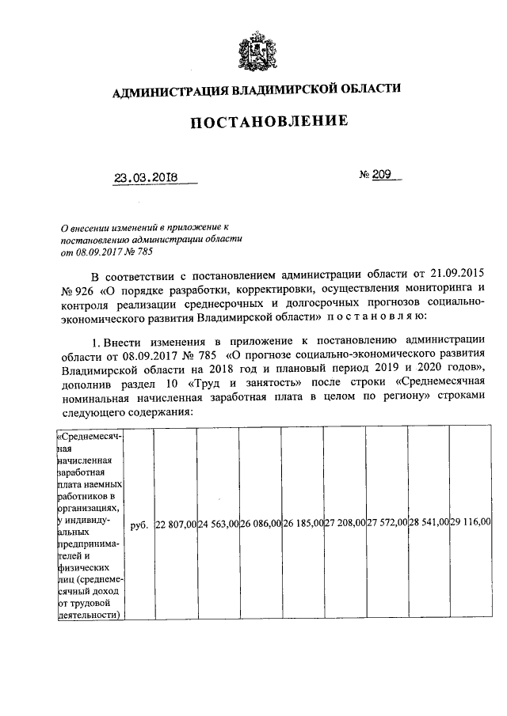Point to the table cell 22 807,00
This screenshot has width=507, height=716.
tap(175, 524)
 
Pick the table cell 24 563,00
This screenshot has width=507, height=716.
tap(218, 524)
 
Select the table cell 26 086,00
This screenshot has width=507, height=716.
tap(260, 524)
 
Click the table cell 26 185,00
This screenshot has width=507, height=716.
tap(302, 524)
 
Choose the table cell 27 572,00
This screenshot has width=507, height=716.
tap(387, 524)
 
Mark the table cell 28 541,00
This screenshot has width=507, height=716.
tap(429, 524)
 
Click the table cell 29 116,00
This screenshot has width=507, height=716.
tap(471, 524)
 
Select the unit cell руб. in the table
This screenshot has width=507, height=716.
tap(139, 524)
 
